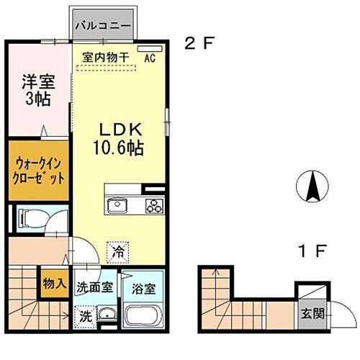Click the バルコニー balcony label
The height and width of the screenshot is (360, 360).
pyautogui.click(x=104, y=26)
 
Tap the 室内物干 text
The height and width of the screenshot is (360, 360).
pyautogui.click(x=107, y=57)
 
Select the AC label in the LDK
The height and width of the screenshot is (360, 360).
pyautogui.click(x=151, y=58)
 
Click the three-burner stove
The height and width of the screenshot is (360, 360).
pyautogui.click(x=153, y=207)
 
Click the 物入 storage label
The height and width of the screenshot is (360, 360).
pyautogui.click(x=55, y=282)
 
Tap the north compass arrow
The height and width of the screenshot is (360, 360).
pyautogui.click(x=312, y=188)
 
